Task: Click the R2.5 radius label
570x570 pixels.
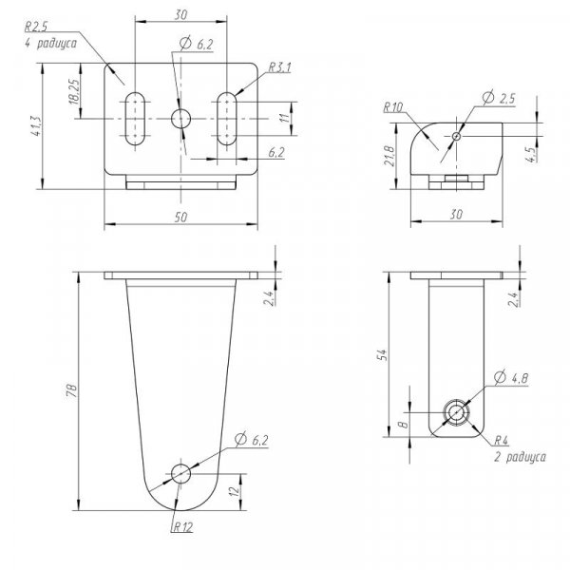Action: [x=36, y=27]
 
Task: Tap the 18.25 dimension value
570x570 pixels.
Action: [x=74, y=92]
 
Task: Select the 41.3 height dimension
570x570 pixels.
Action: [x=36, y=126]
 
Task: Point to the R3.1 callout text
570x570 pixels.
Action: [x=279, y=67]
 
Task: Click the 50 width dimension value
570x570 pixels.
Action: [x=180, y=217]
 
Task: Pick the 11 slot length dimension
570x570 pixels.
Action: [x=285, y=118]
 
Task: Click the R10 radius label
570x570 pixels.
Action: [x=393, y=107]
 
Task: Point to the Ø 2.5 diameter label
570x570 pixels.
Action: [x=499, y=98]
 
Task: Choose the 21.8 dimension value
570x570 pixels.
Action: [x=389, y=156]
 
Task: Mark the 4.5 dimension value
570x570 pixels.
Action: [x=530, y=155]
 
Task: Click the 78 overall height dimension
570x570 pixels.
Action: [x=72, y=390]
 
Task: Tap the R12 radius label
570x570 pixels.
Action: [x=183, y=527]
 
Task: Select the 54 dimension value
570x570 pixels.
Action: [x=382, y=354]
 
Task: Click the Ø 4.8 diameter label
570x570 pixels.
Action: [x=511, y=378]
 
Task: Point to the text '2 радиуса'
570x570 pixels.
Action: [x=520, y=457]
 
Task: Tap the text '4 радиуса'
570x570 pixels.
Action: [x=51, y=43]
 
